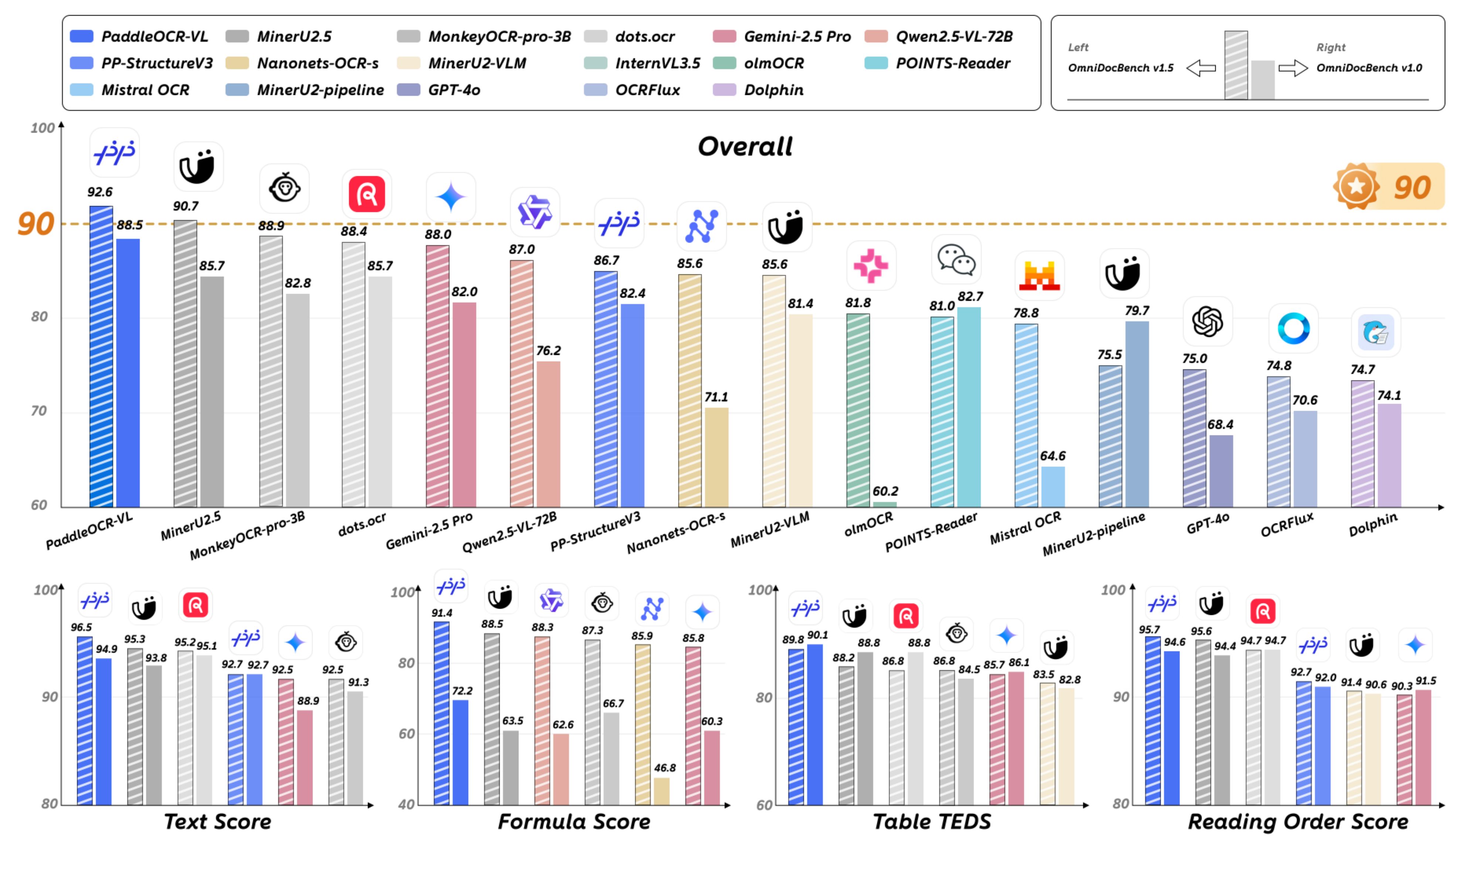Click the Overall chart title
745,146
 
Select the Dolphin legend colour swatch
724,90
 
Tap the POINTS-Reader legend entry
952,64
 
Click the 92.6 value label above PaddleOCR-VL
99,192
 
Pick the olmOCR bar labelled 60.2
885,504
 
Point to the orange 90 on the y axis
35,224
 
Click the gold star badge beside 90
1356,186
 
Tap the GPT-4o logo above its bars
1207,322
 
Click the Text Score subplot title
217,821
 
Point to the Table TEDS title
932,821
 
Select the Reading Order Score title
1298,821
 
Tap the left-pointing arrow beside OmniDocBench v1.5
1201,68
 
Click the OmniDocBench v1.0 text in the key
1369,68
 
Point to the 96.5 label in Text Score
81,627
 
